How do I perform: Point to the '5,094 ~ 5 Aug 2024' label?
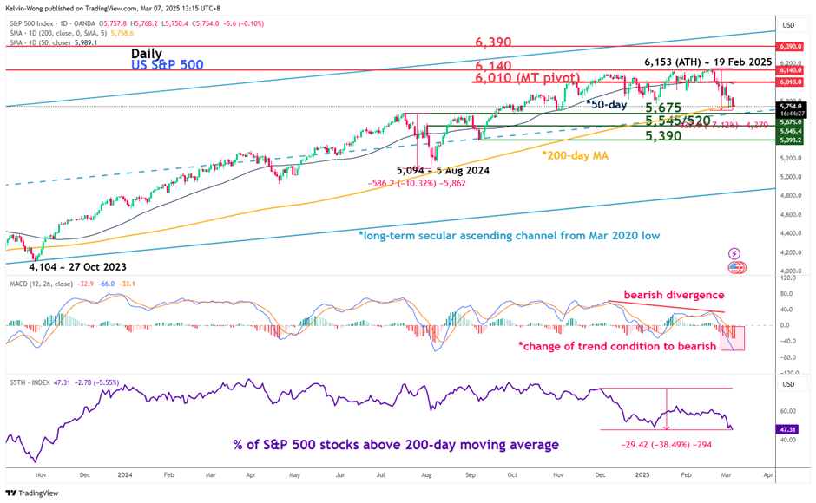pos(443,171)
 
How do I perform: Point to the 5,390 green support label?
pos(668,137)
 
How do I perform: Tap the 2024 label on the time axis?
pos(124,475)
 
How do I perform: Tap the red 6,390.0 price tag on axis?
pos(791,46)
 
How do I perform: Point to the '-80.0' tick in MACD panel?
pos(790,358)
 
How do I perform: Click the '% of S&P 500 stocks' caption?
pos(396,445)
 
